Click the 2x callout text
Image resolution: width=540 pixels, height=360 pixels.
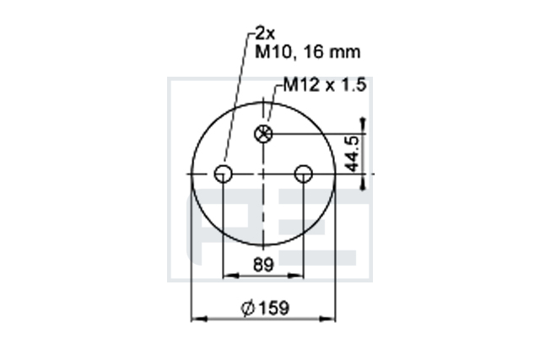point(265,34)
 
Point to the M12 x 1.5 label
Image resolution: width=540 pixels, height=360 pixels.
point(324,85)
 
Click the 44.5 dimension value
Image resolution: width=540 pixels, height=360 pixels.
point(353,153)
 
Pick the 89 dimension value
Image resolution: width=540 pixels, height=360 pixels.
point(263,265)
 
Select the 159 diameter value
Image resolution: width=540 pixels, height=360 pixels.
point(273,308)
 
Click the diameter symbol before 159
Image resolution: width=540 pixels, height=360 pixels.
point(247,308)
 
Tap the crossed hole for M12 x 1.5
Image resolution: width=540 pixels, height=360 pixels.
point(263,134)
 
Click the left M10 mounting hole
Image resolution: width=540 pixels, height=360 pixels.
point(223,174)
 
